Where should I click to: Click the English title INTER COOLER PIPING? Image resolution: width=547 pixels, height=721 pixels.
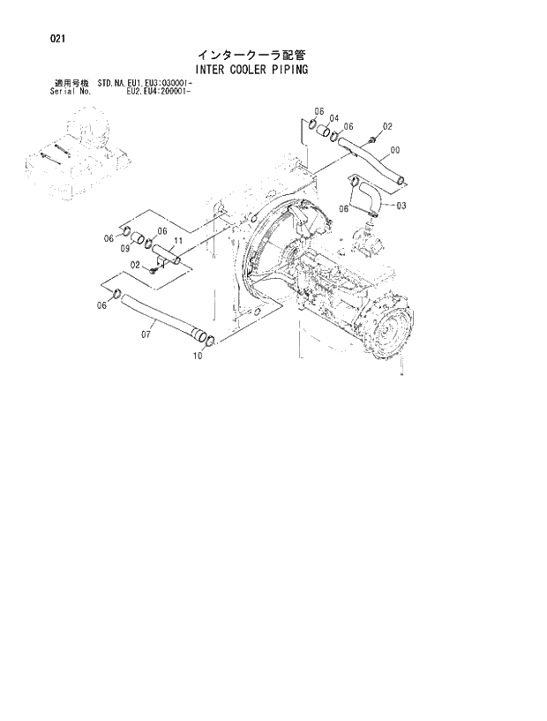(x=252, y=70)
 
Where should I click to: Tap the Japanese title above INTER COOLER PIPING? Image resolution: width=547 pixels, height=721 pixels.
(x=251, y=54)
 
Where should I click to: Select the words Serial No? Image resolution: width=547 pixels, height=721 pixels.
(x=71, y=91)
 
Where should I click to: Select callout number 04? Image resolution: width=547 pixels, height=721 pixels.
(x=334, y=117)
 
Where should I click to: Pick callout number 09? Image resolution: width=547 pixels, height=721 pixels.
(x=125, y=249)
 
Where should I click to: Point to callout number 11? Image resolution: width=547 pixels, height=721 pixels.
(x=177, y=241)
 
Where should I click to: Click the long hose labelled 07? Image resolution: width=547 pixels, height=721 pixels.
(x=159, y=315)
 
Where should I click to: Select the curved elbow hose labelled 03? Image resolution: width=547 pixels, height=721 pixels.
(x=366, y=196)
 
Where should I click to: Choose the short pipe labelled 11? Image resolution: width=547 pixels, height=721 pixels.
(x=166, y=256)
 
